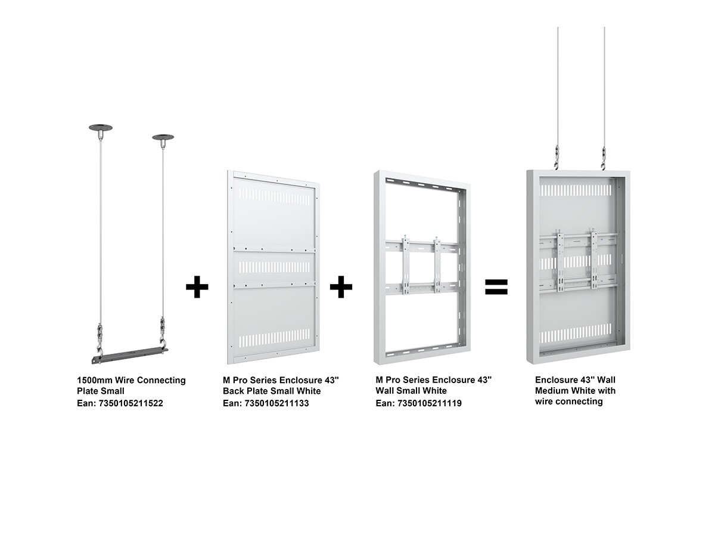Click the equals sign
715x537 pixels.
click(496, 286)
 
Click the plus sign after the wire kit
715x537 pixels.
click(197, 287)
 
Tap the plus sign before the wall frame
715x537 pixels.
click(341, 287)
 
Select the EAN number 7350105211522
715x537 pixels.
click(130, 403)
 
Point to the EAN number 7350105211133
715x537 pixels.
click(276, 403)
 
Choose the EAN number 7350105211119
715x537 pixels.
click(429, 403)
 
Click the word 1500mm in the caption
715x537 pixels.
click(95, 380)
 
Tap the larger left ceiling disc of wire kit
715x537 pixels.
click(100, 128)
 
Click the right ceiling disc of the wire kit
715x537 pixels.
click(163, 137)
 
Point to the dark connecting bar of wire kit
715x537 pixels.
click(130, 355)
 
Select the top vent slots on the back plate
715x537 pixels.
click(275, 196)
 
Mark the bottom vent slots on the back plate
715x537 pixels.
click(275, 338)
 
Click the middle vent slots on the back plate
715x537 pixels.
click(275, 267)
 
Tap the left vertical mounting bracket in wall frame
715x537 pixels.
click(406, 264)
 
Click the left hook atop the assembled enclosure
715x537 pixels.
click(557, 158)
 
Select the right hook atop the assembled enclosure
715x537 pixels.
click(603, 158)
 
